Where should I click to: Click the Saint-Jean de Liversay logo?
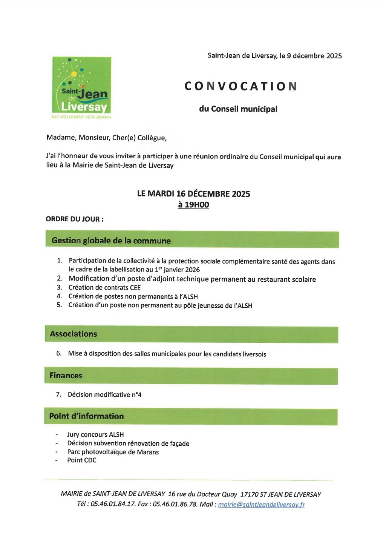(81, 86)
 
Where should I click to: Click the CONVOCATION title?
(240, 86)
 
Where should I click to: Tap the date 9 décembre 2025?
(314, 56)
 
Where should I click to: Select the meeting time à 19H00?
(193, 205)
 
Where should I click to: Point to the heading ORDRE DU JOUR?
(74, 219)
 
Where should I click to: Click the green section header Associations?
(74, 334)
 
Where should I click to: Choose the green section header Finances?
(66, 376)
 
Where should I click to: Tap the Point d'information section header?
(86, 416)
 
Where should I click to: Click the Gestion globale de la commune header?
(111, 241)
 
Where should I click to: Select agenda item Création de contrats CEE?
(104, 288)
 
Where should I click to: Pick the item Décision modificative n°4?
(104, 395)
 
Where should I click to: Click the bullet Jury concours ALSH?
(95, 435)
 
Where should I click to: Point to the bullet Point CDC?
(82, 460)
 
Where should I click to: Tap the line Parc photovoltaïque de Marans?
(113, 452)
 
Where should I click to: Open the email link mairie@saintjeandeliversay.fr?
(261, 505)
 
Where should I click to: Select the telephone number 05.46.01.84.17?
(113, 504)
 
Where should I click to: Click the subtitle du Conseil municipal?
(238, 109)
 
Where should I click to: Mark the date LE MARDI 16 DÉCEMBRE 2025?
(193, 194)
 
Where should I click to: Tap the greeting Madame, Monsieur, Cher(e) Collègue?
(106, 138)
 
